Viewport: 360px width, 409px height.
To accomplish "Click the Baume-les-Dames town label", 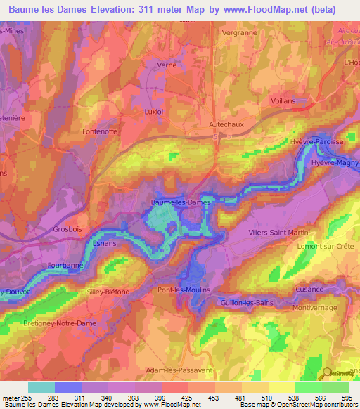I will [x=181, y=203].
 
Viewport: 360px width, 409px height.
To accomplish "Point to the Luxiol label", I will [x=153, y=112].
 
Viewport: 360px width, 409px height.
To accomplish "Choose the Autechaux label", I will [x=226, y=124].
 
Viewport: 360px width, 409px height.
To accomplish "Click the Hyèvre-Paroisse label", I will [x=317, y=142].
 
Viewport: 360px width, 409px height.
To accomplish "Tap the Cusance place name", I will [x=309, y=289].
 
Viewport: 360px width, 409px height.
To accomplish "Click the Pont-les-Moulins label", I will [x=184, y=290].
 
